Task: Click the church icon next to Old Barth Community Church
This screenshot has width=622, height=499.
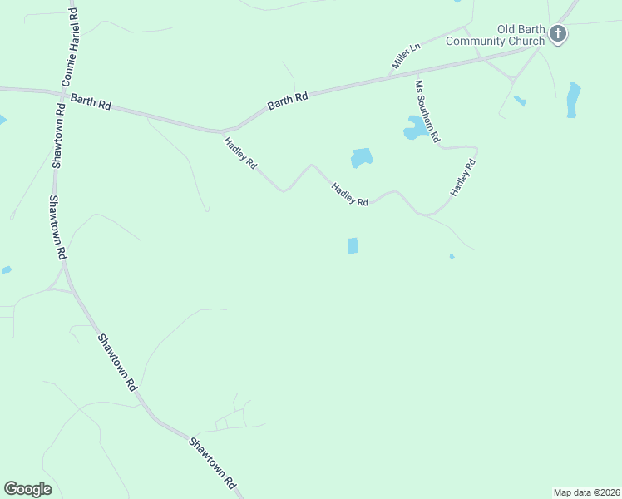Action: [x=558, y=34]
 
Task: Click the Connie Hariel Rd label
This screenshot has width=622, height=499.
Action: [x=71, y=46]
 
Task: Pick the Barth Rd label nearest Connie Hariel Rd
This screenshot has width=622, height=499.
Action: [x=91, y=102]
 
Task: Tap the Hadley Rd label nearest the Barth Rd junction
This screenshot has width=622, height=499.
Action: [x=240, y=154]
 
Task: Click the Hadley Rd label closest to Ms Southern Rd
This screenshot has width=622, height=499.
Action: [x=462, y=178]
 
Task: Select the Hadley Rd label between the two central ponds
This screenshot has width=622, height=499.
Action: [x=349, y=195]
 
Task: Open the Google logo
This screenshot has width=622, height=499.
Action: [x=27, y=489]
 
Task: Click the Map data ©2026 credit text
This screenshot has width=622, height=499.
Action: [x=586, y=492]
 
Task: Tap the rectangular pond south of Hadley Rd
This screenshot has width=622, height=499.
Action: [x=352, y=245]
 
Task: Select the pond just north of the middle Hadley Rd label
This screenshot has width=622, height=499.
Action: [x=362, y=157]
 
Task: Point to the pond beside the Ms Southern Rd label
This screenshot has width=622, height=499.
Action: [x=414, y=127]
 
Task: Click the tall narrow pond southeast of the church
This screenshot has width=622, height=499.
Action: [x=573, y=99]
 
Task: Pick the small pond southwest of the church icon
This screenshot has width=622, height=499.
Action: [x=520, y=101]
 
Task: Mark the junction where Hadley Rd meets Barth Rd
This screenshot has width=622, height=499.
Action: [x=223, y=131]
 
